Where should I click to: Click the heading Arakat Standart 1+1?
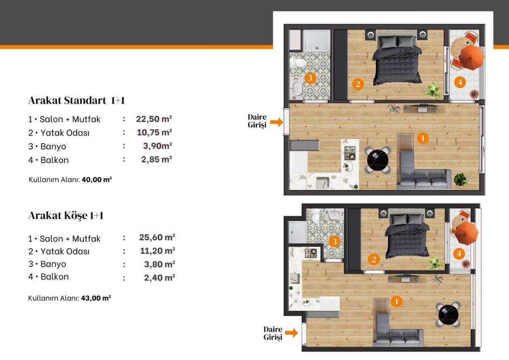77,100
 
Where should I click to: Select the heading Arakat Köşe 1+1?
66,215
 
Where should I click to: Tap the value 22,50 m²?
154,119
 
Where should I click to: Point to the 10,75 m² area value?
154,132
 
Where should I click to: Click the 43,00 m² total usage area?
96,298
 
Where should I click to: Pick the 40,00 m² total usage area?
97,180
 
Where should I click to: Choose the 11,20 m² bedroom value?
157,251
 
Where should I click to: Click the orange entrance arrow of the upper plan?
277,122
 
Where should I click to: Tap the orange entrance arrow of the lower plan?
291,333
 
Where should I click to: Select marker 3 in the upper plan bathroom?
310,78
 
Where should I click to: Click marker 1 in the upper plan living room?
422,138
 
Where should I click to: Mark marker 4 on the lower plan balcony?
459,253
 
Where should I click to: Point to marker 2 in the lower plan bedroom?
374,259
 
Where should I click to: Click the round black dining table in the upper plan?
378,160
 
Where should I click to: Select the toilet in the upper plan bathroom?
297,63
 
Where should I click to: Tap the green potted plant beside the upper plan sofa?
461,180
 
